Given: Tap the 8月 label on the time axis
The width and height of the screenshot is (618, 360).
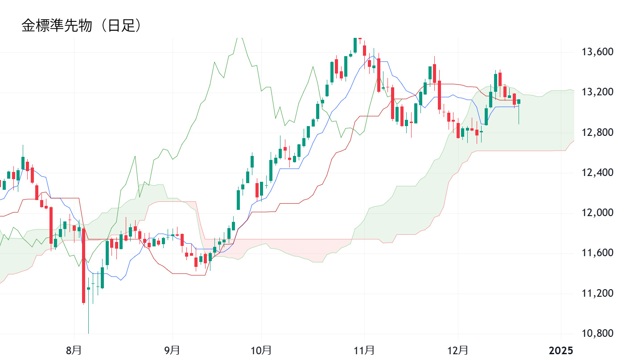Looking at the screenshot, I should (x=74, y=350).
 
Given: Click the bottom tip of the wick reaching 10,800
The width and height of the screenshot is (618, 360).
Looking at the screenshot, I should (x=88, y=333).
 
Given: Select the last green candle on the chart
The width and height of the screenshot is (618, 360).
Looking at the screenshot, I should (x=519, y=102).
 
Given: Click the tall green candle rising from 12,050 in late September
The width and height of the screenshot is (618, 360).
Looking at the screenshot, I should (x=238, y=200).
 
